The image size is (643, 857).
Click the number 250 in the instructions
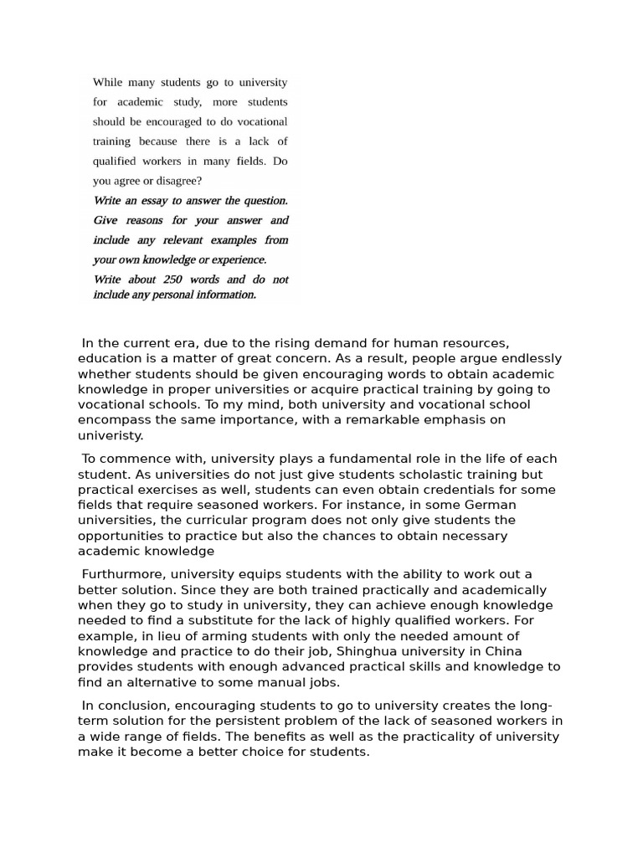(x=173, y=280)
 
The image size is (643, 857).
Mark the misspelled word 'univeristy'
(x=111, y=435)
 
